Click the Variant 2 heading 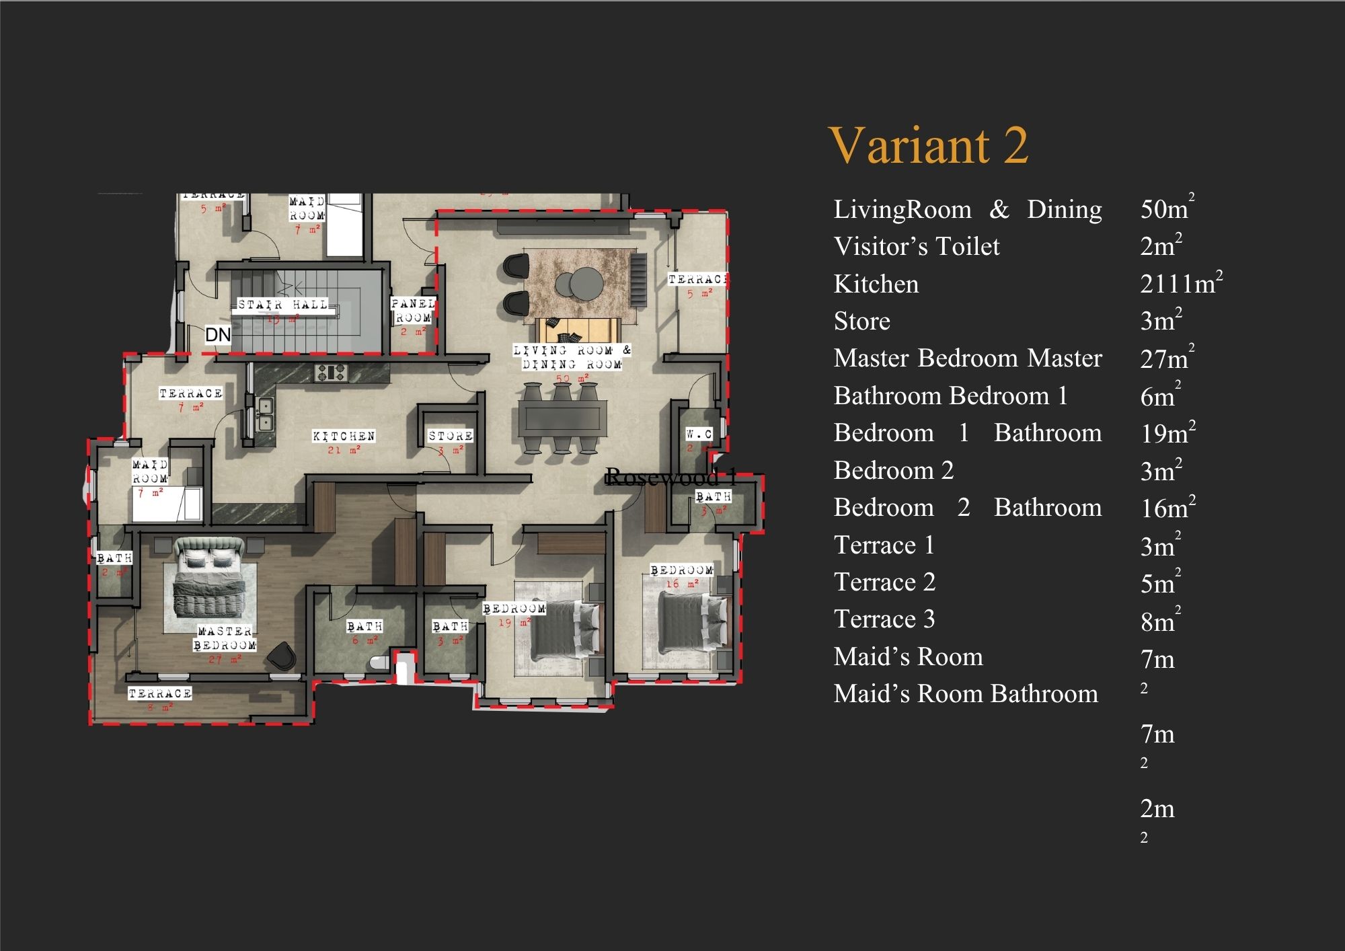pos(928,145)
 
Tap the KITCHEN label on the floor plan pos(344,436)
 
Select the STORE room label pos(451,436)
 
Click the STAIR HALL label pos(282,305)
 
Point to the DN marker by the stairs pos(218,335)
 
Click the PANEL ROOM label pos(413,311)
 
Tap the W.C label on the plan pos(699,434)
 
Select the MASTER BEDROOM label pos(225,638)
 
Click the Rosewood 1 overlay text pos(670,478)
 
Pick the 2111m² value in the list pos(1181,283)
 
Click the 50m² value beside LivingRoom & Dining pos(1167,208)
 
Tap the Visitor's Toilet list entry pos(917,246)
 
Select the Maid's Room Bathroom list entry pos(966,693)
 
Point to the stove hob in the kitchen pos(331,372)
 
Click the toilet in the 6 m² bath pos(379,663)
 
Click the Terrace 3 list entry pos(884,619)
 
